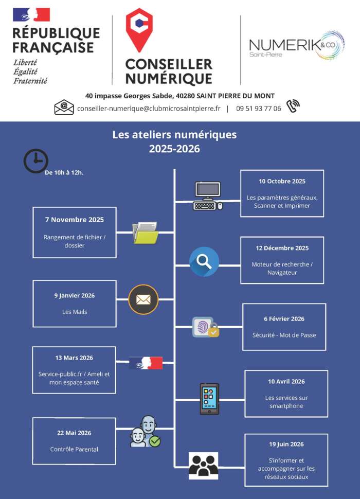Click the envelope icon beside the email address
[64, 108]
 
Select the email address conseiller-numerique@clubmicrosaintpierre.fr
[149, 109]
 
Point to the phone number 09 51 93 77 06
[259, 109]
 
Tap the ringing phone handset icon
[293, 106]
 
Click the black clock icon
[36, 161]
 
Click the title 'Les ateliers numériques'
[174, 135]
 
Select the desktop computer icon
[208, 196]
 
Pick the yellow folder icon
[145, 233]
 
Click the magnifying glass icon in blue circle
[204, 262]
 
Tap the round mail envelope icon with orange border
[143, 299]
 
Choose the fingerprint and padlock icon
[205, 327]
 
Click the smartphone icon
[209, 399]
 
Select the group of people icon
[203, 466]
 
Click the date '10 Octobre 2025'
[282, 181]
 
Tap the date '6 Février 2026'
[284, 319]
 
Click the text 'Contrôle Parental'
[74, 449]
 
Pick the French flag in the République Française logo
[31, 14]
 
